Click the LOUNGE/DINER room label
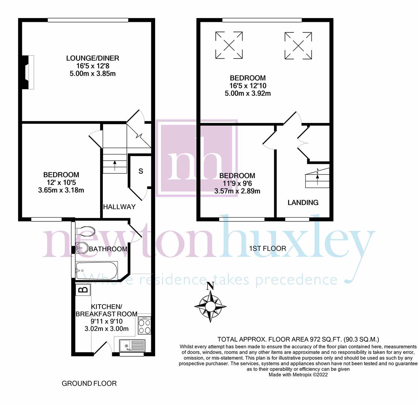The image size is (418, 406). [93, 58]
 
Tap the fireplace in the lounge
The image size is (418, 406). [28, 72]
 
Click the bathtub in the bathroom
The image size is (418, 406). [96, 271]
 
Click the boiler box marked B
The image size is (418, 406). [84, 289]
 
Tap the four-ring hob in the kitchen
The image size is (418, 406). [145, 326]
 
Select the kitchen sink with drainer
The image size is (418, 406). [132, 345]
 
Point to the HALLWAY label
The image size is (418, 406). [119, 207]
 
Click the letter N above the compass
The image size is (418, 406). [211, 286]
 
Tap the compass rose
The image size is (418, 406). [211, 306]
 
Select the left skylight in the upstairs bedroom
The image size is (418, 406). [229, 45]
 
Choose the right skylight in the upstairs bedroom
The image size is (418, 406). [298, 46]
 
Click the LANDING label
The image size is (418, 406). [303, 203]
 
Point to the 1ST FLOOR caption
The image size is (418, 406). [267, 248]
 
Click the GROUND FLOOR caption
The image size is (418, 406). [89, 383]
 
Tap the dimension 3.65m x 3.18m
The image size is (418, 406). [61, 190]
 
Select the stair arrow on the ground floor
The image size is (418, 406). [115, 165]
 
